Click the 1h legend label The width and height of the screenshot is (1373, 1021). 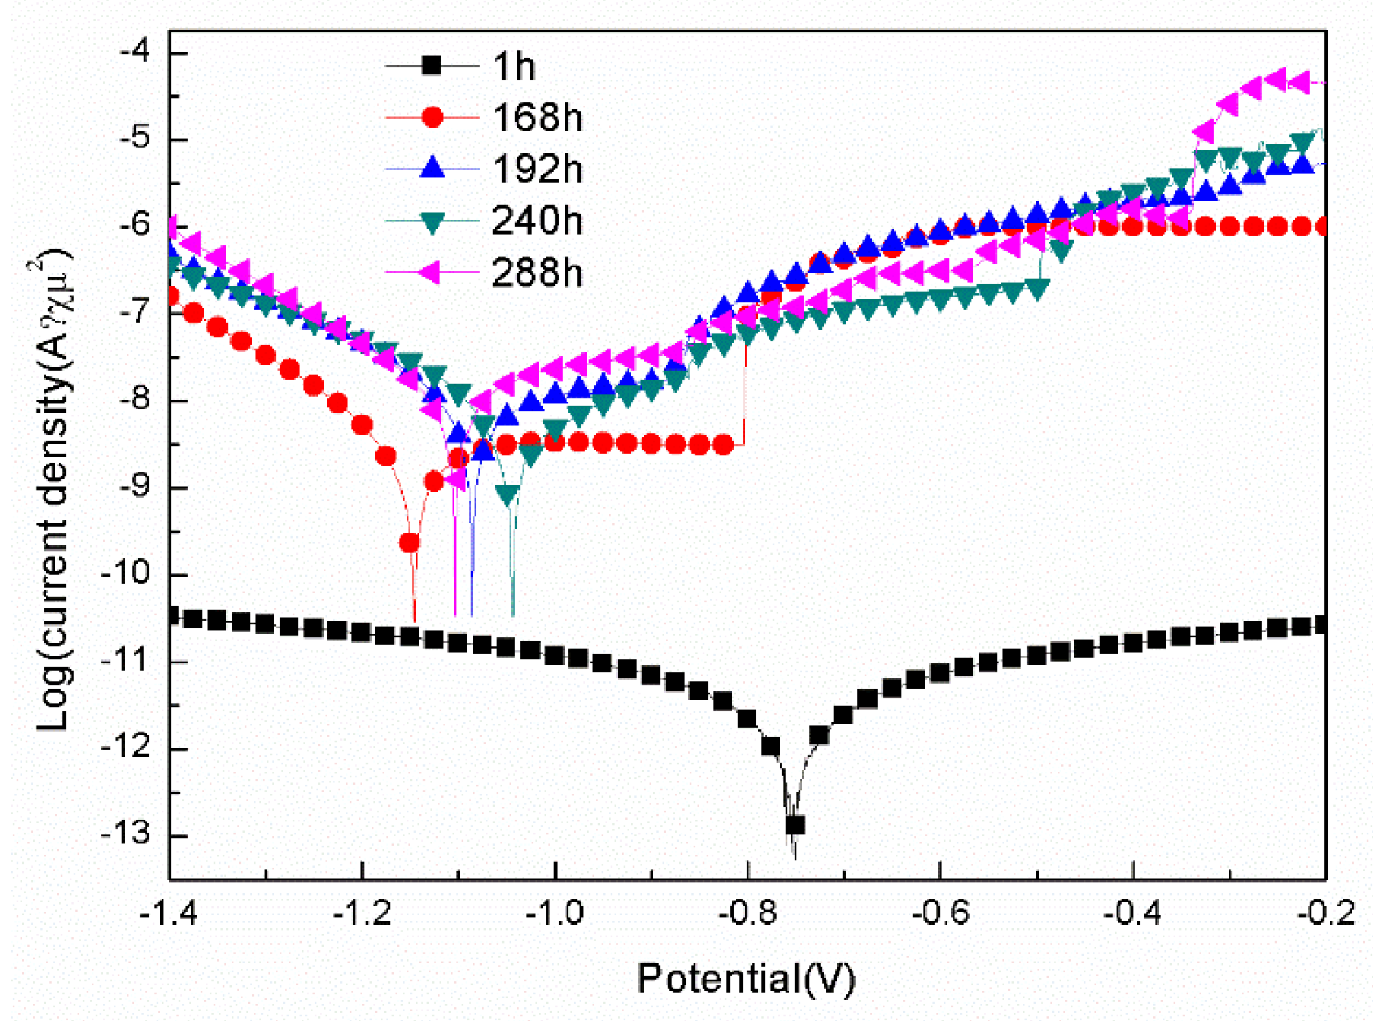514,67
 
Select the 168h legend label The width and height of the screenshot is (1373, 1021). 537,118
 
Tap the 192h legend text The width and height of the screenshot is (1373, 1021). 537,169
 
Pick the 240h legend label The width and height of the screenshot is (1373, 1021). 537,221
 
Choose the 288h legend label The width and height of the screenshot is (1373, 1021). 537,273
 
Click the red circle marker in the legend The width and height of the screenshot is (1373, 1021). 432,117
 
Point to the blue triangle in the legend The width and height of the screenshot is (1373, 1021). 432,168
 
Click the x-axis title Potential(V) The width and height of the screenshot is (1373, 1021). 746,978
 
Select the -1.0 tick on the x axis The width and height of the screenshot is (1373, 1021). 555,912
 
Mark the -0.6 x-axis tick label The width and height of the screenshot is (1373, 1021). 940,912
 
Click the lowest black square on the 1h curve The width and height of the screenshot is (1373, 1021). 795,824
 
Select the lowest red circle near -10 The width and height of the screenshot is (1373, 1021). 410,542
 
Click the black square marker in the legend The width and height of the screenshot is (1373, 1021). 432,65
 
